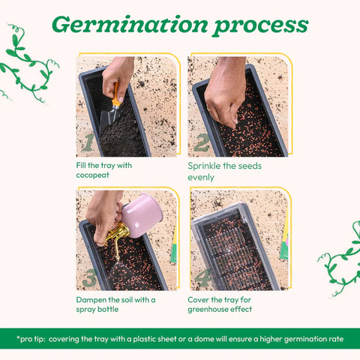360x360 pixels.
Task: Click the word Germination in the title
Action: (x=130, y=25)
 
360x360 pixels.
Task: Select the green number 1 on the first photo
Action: (x=88, y=142)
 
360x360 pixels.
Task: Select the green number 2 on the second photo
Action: (x=202, y=142)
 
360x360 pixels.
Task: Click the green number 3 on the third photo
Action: (x=90, y=277)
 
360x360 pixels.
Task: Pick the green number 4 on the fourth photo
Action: (x=202, y=277)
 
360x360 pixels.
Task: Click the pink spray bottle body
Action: (x=142, y=215)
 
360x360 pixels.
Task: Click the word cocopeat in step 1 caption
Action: (x=93, y=175)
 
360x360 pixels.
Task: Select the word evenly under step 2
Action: (x=201, y=178)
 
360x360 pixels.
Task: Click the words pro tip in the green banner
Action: (x=31, y=339)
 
